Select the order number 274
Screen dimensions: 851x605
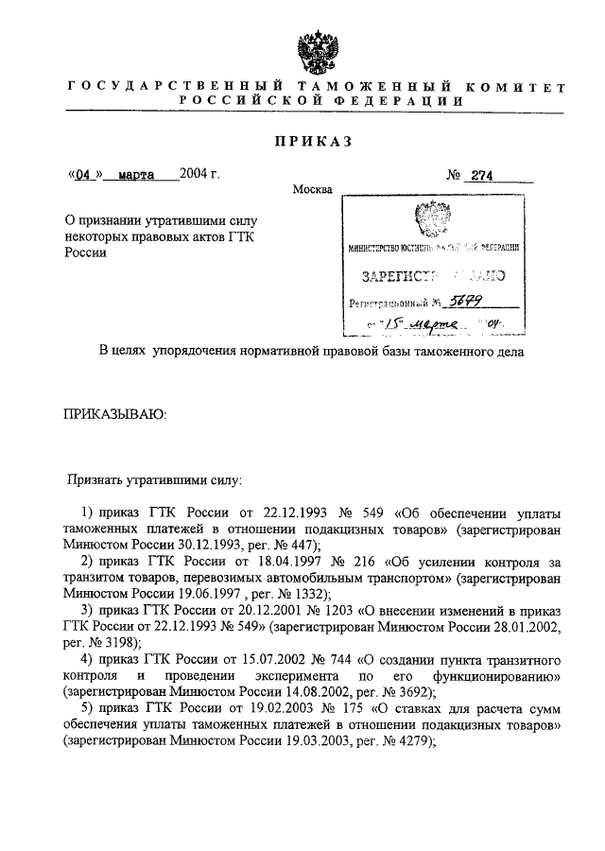pos(491,176)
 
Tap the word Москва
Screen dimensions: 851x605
pos(312,190)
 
